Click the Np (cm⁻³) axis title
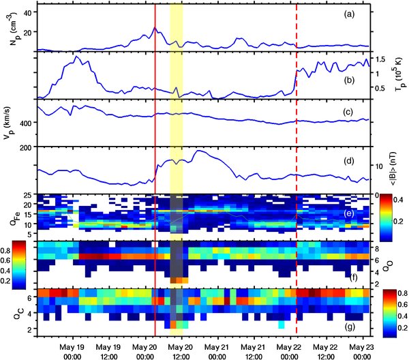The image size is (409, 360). pos(8,27)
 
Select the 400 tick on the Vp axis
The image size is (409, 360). pos(23,123)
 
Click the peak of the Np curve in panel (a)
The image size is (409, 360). pos(155,28)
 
